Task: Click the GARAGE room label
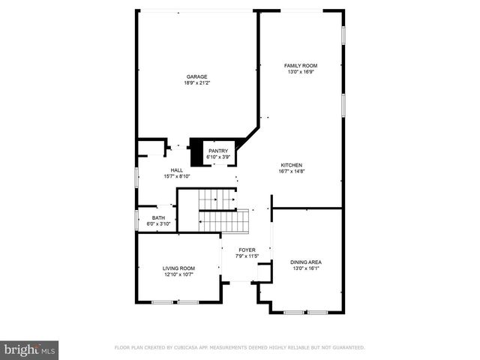pos(197,76)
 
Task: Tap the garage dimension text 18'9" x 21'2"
pos(197,83)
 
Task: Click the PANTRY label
pos(218,151)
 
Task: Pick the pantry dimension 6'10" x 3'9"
pos(218,157)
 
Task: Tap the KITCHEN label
pos(292,165)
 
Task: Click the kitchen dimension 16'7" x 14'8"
pos(292,172)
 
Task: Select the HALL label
pos(177,170)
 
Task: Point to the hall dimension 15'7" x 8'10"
pos(177,177)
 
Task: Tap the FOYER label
pos(247,250)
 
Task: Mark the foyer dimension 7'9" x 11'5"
pos(247,256)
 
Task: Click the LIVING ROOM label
pos(178,268)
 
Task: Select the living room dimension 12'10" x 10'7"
pos(178,274)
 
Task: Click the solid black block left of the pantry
pos(198,153)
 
